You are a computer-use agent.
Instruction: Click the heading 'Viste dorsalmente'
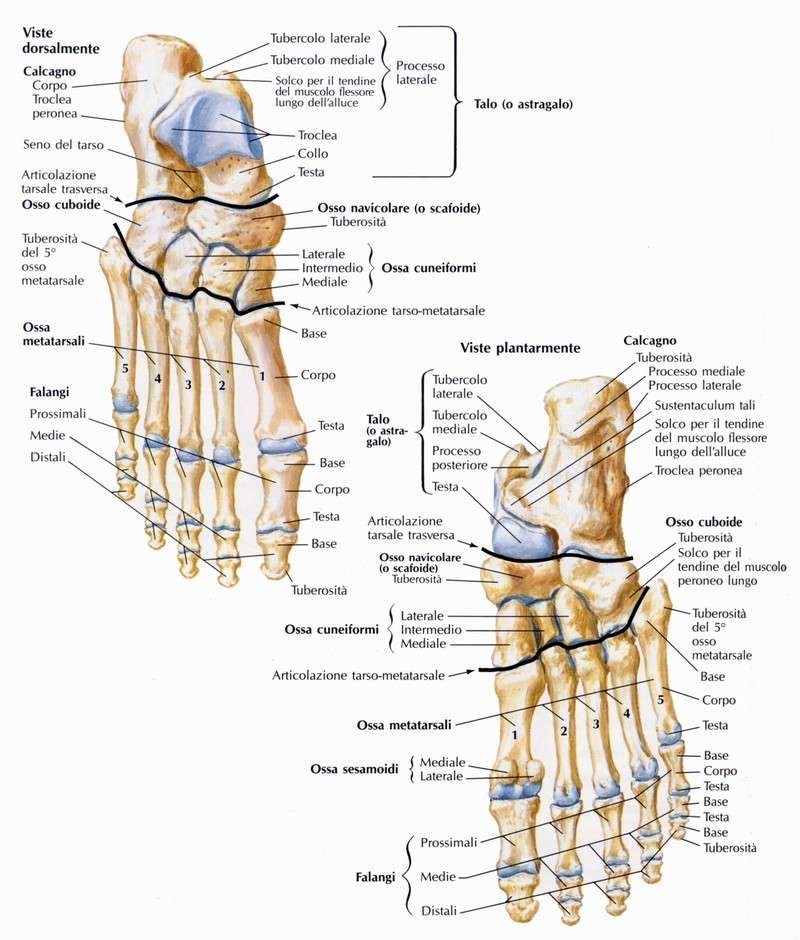61,41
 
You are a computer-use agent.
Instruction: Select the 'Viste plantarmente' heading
520,348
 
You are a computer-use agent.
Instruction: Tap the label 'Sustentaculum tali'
705,405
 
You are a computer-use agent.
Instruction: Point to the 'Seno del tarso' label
64,144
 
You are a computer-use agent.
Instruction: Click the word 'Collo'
313,153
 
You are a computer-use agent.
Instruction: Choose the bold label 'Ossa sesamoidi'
354,769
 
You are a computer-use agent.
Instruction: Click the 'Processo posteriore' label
460,458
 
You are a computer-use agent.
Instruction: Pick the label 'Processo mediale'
696,371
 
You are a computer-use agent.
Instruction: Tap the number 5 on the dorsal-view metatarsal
125,368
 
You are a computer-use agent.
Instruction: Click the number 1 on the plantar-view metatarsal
514,734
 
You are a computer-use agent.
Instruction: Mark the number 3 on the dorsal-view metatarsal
188,384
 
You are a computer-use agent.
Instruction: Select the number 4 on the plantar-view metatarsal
627,714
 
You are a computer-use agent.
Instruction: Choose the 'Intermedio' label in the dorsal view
332,268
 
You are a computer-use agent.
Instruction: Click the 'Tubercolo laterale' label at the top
320,38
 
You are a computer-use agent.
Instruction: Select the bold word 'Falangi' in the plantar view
375,877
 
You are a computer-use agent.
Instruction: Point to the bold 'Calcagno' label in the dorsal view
49,71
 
